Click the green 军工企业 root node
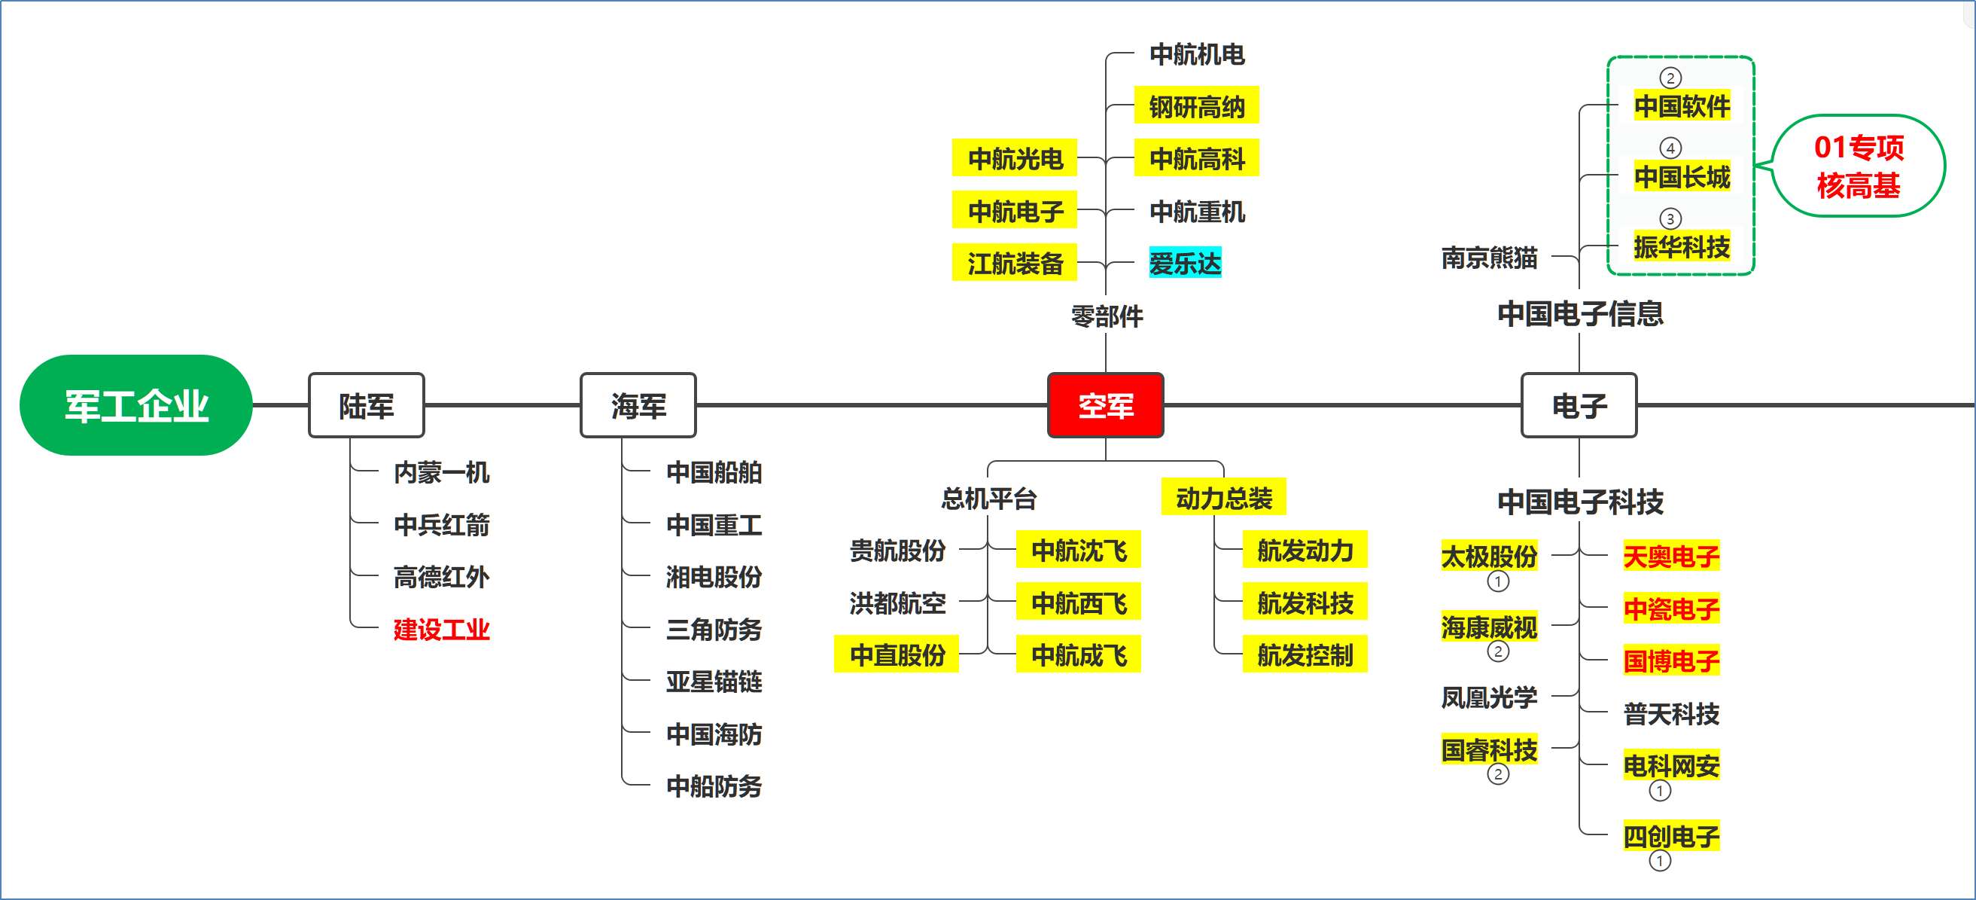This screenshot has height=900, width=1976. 135,405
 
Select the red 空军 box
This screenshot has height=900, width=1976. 1104,405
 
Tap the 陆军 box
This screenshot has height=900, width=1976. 366,405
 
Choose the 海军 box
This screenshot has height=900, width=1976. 638,405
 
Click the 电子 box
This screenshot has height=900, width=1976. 1579,405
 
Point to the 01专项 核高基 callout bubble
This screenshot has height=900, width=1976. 1859,166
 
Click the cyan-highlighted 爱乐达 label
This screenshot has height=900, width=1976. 1184,263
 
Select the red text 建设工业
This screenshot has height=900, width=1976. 441,629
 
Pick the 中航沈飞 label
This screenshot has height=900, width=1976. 1079,550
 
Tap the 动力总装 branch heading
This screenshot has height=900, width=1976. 1223,499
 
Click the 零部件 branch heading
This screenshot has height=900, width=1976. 1106,316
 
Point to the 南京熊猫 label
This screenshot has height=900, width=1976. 1489,258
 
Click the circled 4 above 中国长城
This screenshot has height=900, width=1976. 1670,148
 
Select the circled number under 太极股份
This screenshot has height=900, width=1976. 1497,581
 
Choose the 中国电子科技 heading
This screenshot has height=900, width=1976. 1580,502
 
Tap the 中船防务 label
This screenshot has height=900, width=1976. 714,786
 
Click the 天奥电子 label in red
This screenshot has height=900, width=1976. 1670,557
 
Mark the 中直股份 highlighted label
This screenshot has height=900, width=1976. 897,655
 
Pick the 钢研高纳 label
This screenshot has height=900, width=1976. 1196,107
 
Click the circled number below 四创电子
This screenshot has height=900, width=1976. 1659,861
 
